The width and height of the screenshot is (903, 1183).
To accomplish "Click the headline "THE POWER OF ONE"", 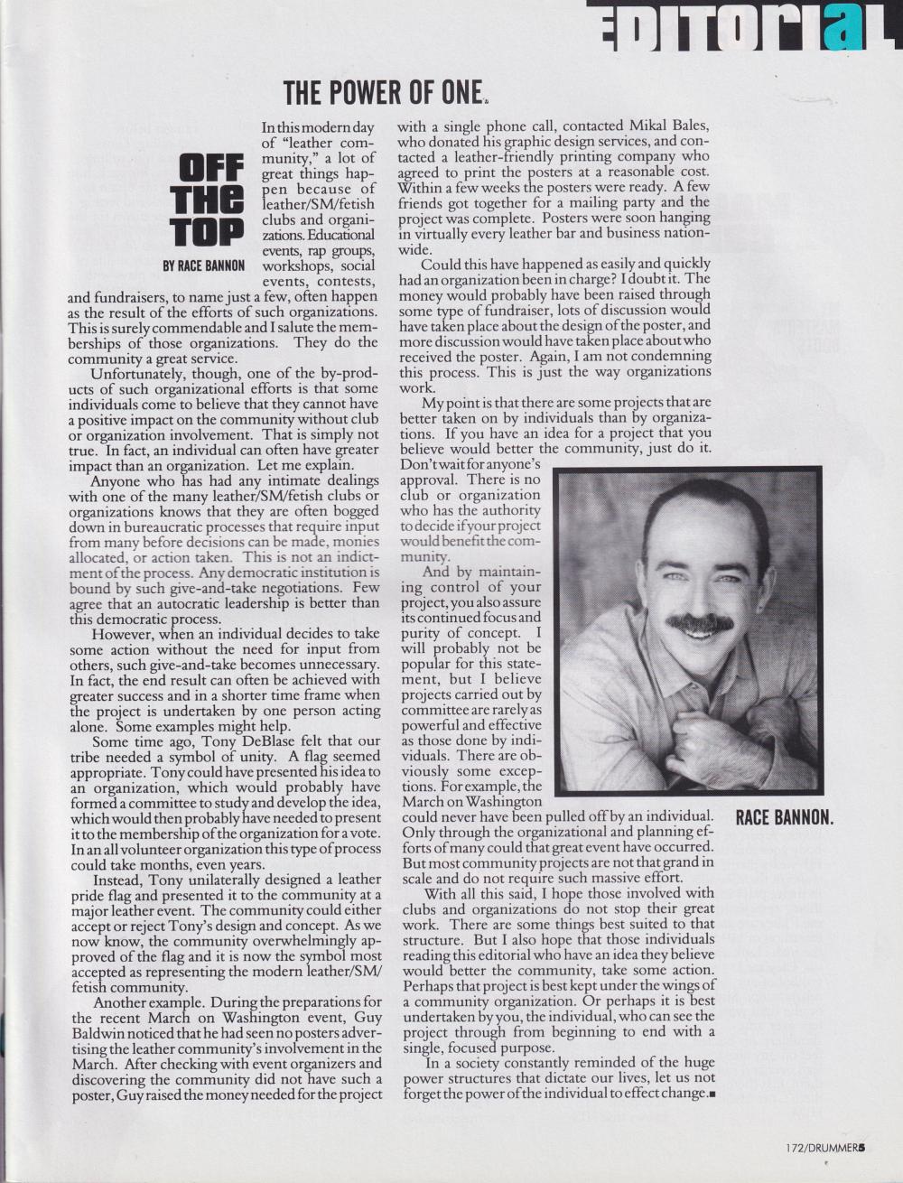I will click(x=383, y=92).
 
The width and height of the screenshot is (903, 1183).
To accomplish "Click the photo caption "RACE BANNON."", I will click(x=784, y=818).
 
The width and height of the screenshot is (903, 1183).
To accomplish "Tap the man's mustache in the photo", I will click(x=699, y=622).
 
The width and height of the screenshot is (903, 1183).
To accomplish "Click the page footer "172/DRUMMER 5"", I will click(x=824, y=1148).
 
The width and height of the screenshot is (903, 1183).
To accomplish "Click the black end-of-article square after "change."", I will click(x=711, y=1094).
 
